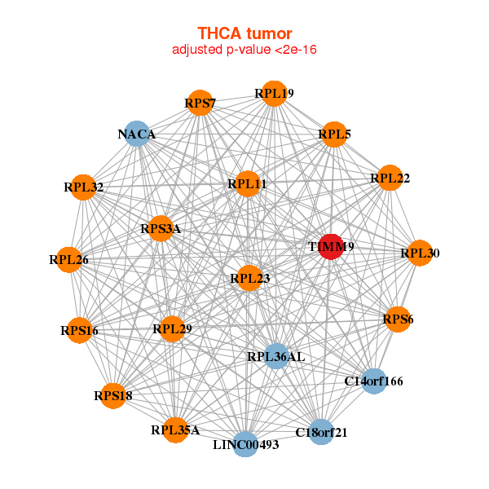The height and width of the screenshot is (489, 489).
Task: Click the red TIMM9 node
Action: click(330, 246)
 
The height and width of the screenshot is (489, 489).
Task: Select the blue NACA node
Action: click(139, 134)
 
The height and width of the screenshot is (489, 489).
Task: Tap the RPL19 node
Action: click(275, 94)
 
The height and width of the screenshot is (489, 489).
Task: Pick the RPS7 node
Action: click(200, 103)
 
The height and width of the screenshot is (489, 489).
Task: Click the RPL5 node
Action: click(334, 134)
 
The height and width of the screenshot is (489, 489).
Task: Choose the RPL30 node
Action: click(419, 253)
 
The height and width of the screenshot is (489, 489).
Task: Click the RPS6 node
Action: click(398, 319)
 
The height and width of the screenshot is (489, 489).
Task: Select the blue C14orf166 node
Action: click(373, 381)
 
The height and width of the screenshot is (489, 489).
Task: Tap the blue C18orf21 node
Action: click(320, 432)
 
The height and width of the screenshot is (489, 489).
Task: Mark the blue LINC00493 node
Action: click(245, 444)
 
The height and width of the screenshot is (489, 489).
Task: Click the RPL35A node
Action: click(175, 429)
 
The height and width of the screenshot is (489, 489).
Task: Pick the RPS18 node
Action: click(112, 395)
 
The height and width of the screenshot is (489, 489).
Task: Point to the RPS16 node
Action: click(79, 330)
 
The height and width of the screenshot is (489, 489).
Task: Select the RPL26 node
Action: click(68, 260)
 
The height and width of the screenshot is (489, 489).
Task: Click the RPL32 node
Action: click(83, 187)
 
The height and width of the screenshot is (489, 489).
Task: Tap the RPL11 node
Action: click(248, 184)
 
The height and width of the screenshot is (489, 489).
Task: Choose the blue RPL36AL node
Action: click(275, 356)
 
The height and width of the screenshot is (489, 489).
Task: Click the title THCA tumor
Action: click(244, 33)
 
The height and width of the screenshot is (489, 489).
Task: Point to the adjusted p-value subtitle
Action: click(244, 51)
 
